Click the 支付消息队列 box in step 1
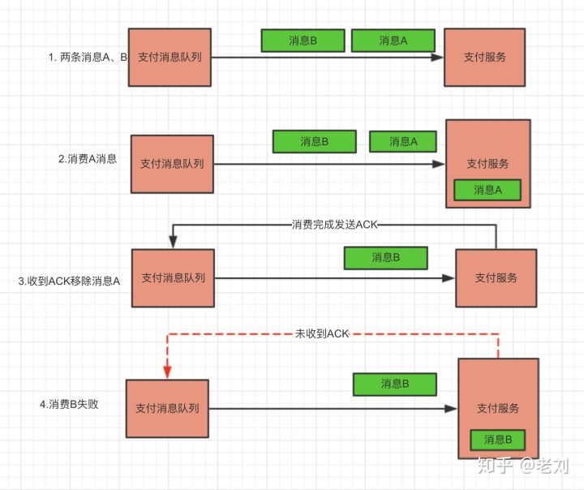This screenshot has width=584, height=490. [x=170, y=57]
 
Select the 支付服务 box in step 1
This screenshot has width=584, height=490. [x=484, y=57]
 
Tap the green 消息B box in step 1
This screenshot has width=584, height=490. [x=302, y=41]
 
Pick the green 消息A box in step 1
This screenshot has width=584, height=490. [x=393, y=41]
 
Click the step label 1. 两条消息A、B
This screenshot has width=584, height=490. [x=87, y=57]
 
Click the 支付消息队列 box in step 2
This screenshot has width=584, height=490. [x=172, y=164]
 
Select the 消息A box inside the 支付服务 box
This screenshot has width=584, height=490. [x=487, y=190]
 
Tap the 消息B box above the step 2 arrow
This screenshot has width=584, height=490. [x=314, y=141]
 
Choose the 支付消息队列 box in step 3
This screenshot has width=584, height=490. [x=173, y=278]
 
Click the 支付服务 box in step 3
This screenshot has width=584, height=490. [x=496, y=277]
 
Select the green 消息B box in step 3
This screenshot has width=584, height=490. [x=385, y=258]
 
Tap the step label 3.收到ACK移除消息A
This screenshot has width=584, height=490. [x=69, y=281]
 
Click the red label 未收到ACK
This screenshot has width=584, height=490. [x=322, y=334]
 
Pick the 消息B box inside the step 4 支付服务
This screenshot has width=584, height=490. [x=497, y=440]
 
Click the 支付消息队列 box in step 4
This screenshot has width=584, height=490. [x=167, y=408]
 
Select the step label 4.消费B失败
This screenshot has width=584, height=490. [x=69, y=404]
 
